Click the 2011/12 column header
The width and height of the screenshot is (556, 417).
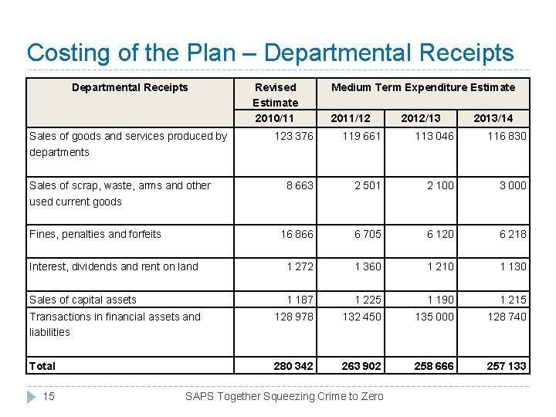tap(350, 118)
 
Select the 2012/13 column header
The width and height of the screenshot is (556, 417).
tap(421, 118)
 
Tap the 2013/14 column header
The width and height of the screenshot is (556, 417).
tap(492, 118)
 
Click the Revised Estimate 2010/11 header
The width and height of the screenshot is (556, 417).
tap(275, 103)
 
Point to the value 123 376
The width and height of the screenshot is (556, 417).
tap(294, 136)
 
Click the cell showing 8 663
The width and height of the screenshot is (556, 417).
tap(300, 185)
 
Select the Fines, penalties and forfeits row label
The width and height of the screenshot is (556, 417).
tap(95, 234)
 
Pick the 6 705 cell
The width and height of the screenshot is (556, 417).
tap(368, 234)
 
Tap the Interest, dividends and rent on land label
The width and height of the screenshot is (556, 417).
tap(114, 266)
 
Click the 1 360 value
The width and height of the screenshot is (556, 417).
tap(368, 266)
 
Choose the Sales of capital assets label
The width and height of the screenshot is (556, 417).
tap(83, 300)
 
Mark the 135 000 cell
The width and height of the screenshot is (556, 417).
tap(434, 316)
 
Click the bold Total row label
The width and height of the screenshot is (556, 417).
tap(42, 365)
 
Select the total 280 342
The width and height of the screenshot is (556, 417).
tap(293, 365)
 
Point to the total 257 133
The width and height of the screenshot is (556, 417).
tap(507, 365)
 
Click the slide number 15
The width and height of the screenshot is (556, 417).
tap(49, 396)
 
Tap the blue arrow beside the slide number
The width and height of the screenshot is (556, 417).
tap(31, 396)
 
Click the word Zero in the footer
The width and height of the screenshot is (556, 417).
tap(370, 396)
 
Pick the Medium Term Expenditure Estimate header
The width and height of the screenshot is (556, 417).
tap(423, 87)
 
